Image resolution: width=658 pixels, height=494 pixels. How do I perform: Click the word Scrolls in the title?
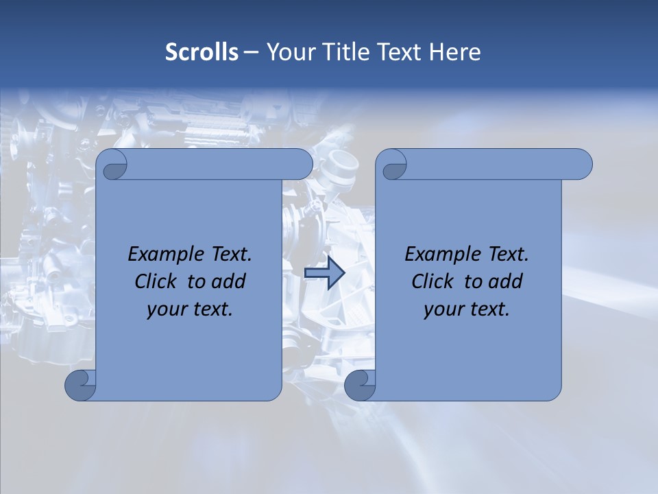tap(202, 51)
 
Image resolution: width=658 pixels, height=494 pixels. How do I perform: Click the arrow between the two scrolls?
tap(324, 273)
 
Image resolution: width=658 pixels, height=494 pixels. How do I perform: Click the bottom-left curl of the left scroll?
tap(80, 385)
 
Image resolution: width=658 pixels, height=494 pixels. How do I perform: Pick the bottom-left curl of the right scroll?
tap(360, 385)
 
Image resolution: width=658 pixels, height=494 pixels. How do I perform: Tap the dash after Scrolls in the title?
tap(251, 51)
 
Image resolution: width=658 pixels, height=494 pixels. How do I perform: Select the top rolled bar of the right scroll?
tap(493, 164)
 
